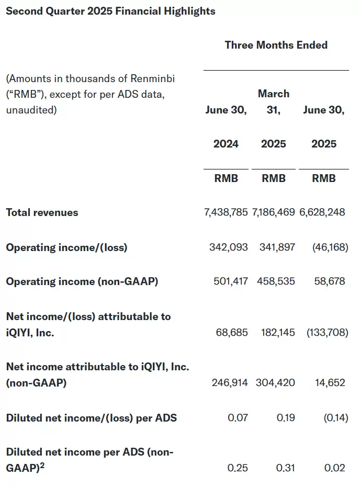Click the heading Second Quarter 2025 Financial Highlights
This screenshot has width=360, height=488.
(x=110, y=11)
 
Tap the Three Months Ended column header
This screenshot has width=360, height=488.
(x=276, y=45)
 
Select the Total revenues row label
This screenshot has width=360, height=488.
(x=42, y=212)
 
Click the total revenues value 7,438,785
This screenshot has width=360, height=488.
(x=226, y=212)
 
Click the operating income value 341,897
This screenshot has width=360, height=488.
(x=277, y=247)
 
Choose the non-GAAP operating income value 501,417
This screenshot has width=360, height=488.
(x=231, y=281)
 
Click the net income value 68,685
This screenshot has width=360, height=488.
(x=232, y=332)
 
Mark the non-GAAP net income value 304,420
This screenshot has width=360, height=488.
(x=275, y=382)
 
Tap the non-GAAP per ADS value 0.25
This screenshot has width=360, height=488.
(x=238, y=468)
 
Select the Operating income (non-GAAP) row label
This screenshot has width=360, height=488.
(x=82, y=281)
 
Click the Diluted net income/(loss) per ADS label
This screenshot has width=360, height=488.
(x=91, y=417)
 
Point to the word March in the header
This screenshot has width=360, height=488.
(x=273, y=94)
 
